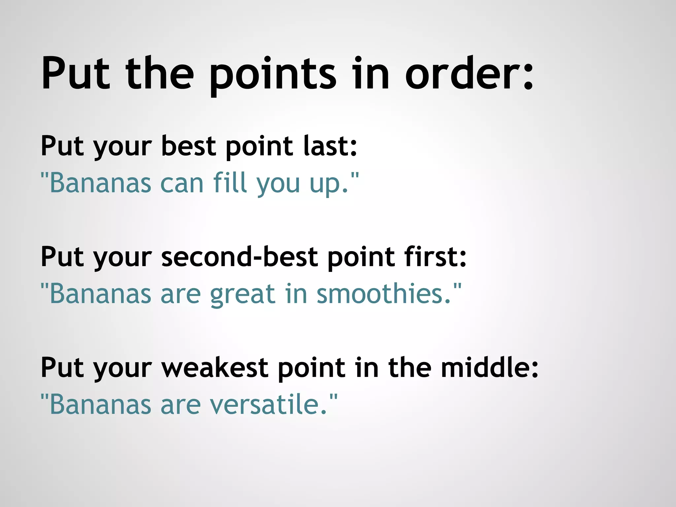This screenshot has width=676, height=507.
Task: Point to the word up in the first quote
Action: pos(326,185)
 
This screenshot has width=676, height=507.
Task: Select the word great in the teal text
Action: pos(243,294)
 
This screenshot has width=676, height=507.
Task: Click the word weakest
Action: pos(215,368)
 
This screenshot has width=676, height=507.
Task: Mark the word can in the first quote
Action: pos(182,184)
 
